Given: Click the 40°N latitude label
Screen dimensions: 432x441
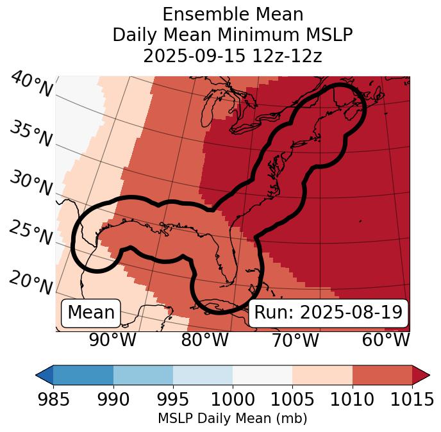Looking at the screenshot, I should (31, 85).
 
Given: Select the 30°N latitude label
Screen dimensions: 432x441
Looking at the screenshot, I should (30, 183).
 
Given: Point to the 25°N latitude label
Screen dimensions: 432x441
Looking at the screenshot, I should (30, 233).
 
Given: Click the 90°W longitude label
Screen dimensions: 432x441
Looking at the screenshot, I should (112, 340).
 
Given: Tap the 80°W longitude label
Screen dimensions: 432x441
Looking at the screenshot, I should (204, 340).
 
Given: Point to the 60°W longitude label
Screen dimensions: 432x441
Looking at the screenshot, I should (386, 340).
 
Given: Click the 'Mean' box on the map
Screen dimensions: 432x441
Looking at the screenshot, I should (91, 313).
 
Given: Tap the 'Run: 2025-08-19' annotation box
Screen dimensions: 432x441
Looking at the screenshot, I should (328, 313).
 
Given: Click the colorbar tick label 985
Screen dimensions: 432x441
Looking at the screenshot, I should (53, 399).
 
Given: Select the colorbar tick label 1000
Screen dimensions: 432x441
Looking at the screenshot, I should (233, 399).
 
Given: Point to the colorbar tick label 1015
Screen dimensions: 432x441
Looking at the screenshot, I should (412, 399).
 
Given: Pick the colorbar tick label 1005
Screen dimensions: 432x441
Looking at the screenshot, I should (292, 399).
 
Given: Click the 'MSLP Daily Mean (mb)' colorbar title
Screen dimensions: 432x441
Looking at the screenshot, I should (232, 419).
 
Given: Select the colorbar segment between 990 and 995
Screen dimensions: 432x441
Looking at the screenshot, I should (143, 374).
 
